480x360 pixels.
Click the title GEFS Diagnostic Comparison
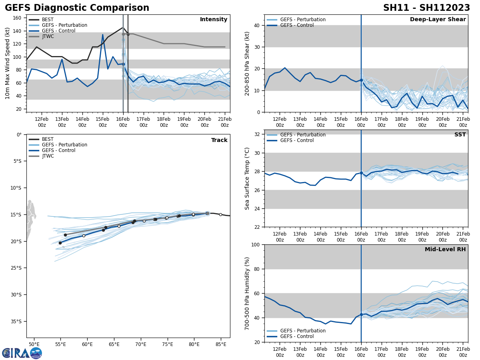point(77,8)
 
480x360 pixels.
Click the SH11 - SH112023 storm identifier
point(426,8)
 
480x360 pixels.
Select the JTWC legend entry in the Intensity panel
point(48,36)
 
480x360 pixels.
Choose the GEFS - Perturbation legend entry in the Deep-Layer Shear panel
point(302,20)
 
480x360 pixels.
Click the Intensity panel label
point(214,20)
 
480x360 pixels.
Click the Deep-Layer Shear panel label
point(438,20)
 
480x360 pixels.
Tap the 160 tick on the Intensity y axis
point(18,18)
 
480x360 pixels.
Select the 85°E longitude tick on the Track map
point(221,344)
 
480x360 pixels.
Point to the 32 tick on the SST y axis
point(257,134)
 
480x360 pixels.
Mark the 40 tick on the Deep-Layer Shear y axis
point(256,25)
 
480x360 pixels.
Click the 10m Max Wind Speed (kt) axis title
point(8,63)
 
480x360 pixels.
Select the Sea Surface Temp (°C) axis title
point(247,178)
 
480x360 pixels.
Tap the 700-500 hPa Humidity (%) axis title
point(247,293)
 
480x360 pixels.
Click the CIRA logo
point(22,353)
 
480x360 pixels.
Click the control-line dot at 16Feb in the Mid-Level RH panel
point(361,314)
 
